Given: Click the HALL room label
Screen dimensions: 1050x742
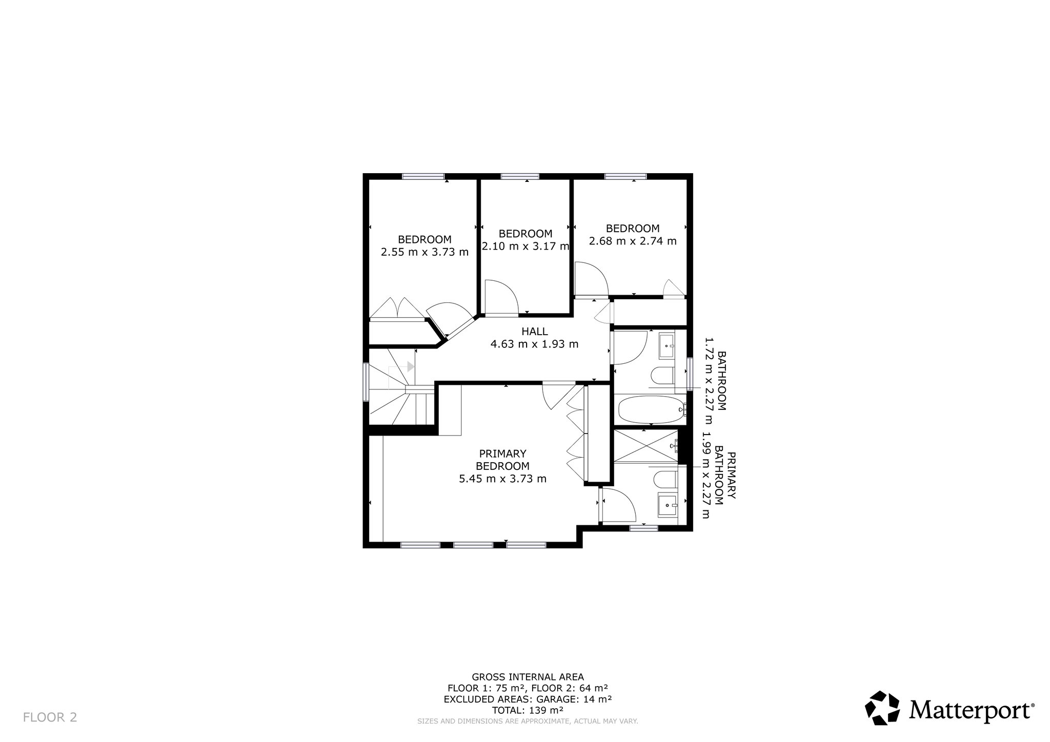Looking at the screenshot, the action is [535, 332].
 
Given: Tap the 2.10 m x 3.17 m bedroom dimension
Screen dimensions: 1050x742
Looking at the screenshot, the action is [526, 246].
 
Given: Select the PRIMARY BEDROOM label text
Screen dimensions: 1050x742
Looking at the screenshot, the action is [502, 460].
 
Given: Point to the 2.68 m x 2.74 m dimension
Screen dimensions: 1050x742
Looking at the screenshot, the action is [633, 241].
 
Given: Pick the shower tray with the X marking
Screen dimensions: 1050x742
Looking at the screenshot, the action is [646, 447].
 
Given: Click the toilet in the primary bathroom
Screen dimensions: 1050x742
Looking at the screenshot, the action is [665, 480].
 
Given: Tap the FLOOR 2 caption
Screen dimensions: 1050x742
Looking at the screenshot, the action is [50, 717].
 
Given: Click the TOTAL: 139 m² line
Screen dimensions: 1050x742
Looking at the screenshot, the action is [528, 710].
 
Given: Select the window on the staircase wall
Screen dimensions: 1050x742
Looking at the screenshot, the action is [366, 382].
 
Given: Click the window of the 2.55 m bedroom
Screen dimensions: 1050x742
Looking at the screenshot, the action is [423, 176].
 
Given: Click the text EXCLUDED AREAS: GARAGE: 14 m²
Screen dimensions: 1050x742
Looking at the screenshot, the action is [528, 699].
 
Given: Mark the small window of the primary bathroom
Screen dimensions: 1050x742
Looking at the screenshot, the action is [644, 527].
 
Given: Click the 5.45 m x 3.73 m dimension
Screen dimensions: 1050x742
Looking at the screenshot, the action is [502, 479].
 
